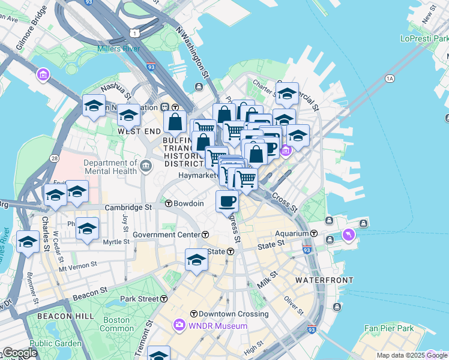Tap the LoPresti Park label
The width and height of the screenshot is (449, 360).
click(424, 38)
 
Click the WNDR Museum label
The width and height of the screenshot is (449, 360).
click(209, 326)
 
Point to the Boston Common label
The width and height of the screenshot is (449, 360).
click(116, 324)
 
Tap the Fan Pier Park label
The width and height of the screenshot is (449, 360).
click(390, 328)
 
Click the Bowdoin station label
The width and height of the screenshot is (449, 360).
click(188, 204)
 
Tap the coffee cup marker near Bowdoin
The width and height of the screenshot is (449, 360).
click(227, 202)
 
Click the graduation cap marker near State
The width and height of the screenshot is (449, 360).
click(196, 260)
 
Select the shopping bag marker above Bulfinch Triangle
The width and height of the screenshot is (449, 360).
click(175, 122)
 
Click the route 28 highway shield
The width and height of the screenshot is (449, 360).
click(55, 158)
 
